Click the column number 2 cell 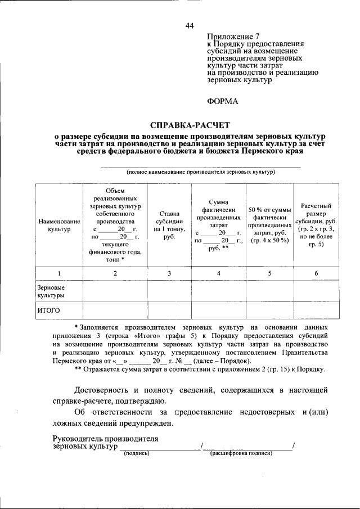click(x=115, y=273)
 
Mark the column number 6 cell click(x=316, y=273)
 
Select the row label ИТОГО click(x=49, y=310)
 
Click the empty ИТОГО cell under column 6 click(x=316, y=310)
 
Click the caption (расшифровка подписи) click(x=241, y=453)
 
